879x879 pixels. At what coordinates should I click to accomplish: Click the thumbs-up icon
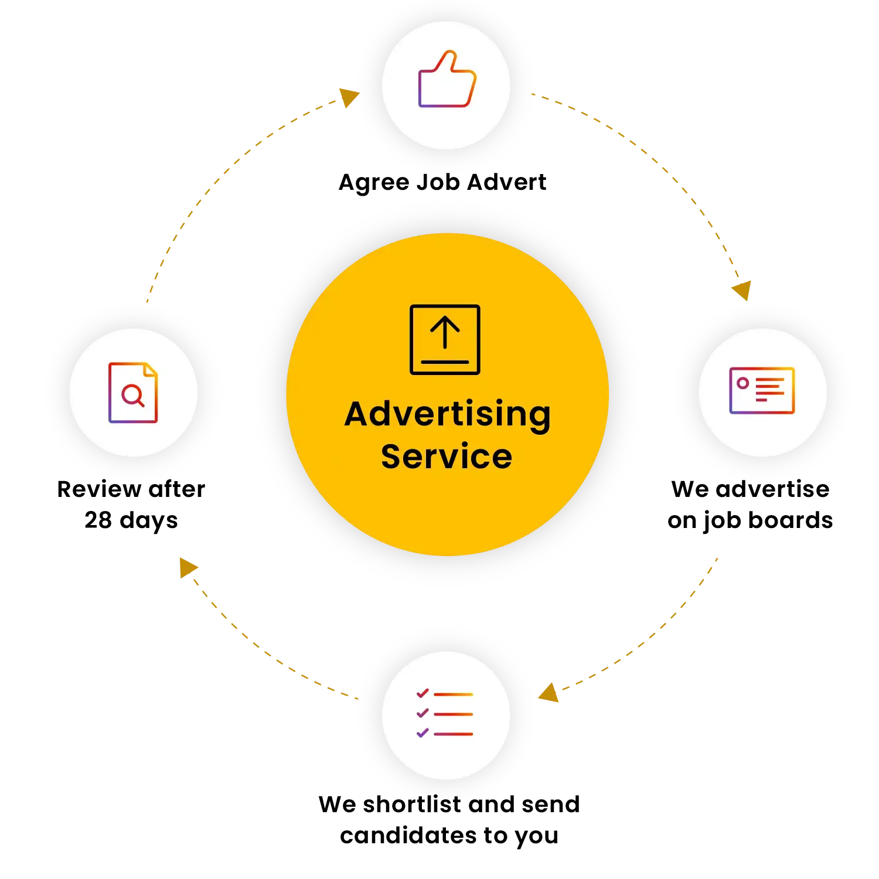pos(447,81)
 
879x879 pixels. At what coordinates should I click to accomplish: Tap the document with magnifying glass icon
pos(133,393)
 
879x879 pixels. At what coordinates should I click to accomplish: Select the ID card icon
pos(762,391)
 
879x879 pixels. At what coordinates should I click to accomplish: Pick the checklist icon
pos(445,713)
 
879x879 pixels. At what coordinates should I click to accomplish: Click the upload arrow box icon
pos(445,339)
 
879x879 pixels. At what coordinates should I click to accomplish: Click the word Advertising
pos(447,415)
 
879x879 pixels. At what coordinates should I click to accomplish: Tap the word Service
pos(447,457)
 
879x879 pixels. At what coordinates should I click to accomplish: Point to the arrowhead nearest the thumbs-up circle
pos(349,96)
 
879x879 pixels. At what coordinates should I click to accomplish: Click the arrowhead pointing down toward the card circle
pos(742,289)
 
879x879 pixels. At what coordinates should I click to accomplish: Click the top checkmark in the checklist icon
pos(423,693)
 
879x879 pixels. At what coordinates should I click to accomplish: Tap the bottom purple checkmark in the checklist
pos(423,732)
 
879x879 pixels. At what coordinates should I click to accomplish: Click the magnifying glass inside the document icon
pos(132,395)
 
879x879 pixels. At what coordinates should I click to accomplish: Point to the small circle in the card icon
pos(743,383)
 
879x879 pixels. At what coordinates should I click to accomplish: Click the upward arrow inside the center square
pos(445,331)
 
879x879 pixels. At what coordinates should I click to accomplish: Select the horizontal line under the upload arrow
pos(445,362)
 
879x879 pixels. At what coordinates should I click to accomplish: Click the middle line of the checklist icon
pos(453,714)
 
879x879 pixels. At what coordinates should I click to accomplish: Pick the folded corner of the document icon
pos(151,370)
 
